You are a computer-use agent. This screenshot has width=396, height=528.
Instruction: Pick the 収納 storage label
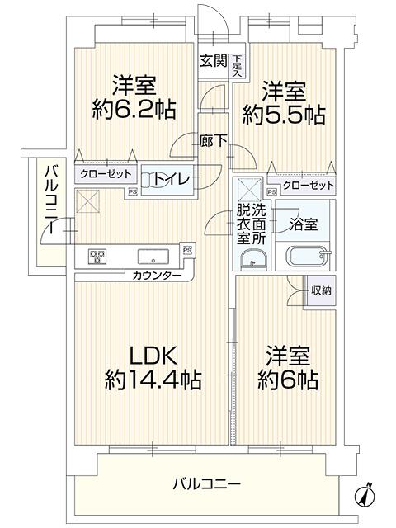pos(322,290)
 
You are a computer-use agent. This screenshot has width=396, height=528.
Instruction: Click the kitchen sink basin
pos(153,255)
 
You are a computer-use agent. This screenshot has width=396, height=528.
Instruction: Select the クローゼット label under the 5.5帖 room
pos(309,186)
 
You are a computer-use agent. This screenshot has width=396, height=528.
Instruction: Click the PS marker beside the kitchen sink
pos(187,249)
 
